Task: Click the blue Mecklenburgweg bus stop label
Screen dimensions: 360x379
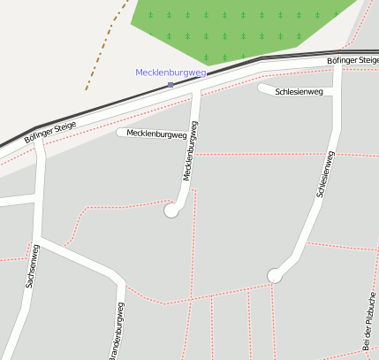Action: click(x=171, y=73)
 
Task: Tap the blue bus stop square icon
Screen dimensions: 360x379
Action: click(x=171, y=85)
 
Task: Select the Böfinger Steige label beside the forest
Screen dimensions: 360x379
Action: click(x=352, y=59)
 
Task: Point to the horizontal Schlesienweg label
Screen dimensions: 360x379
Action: click(x=299, y=91)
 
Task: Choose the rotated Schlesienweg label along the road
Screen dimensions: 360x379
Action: click(x=324, y=173)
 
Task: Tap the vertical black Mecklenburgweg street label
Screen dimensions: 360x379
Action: click(x=190, y=149)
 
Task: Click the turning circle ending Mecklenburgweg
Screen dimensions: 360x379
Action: click(x=171, y=211)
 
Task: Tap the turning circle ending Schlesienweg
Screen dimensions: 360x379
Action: click(x=275, y=276)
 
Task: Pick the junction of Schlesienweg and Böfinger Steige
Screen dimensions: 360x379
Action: click(x=338, y=69)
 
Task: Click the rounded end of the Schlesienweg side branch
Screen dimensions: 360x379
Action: click(x=262, y=88)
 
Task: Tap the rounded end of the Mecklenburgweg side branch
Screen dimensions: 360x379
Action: click(x=121, y=133)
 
